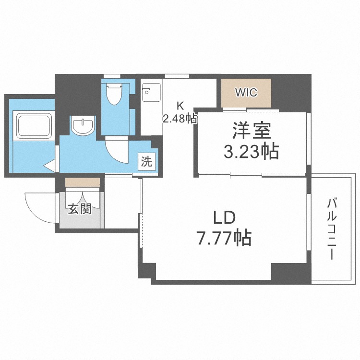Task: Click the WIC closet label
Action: [246, 93]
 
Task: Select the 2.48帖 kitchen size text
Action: [180, 119]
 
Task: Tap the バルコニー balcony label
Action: [331, 228]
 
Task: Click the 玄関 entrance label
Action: [79, 210]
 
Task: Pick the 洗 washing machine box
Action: [147, 161]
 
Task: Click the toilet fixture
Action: [114, 94]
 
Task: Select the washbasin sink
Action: [83, 126]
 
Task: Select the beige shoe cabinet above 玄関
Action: [83, 182]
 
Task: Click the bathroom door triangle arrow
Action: [50, 166]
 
